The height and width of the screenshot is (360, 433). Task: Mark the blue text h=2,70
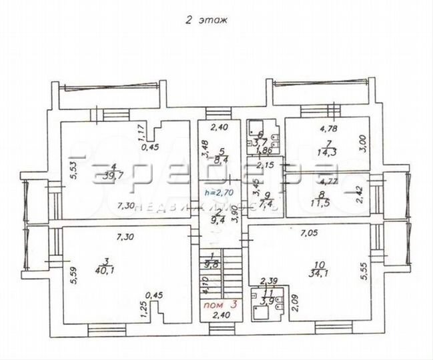pyautogui.click(x=218, y=193)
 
